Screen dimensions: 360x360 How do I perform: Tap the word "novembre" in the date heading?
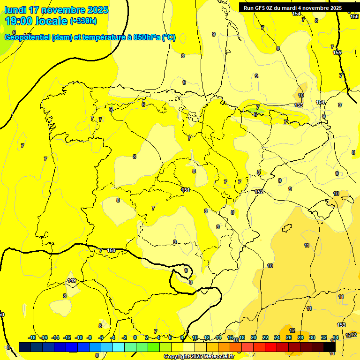pos(64,10)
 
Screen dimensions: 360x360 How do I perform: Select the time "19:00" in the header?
pos(18,21)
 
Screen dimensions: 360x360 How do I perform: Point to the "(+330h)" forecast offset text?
pos(83,21)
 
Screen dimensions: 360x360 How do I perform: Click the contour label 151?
pos(186,190)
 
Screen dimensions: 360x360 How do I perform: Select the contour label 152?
pos(259,192)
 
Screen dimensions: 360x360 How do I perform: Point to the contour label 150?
pos(111,251)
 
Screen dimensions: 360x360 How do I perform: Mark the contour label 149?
pos(72,280)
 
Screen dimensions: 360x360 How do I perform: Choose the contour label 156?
pos(354,16)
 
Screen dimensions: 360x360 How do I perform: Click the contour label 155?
pos(337,52)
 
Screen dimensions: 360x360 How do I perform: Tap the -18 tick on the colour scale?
pos(32,337)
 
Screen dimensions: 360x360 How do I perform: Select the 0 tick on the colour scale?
pos(135,337)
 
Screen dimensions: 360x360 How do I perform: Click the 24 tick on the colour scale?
pos(277,337)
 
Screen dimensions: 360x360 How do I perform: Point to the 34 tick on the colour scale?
pos(335,337)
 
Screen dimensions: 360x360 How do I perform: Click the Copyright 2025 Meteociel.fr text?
pos(198,356)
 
